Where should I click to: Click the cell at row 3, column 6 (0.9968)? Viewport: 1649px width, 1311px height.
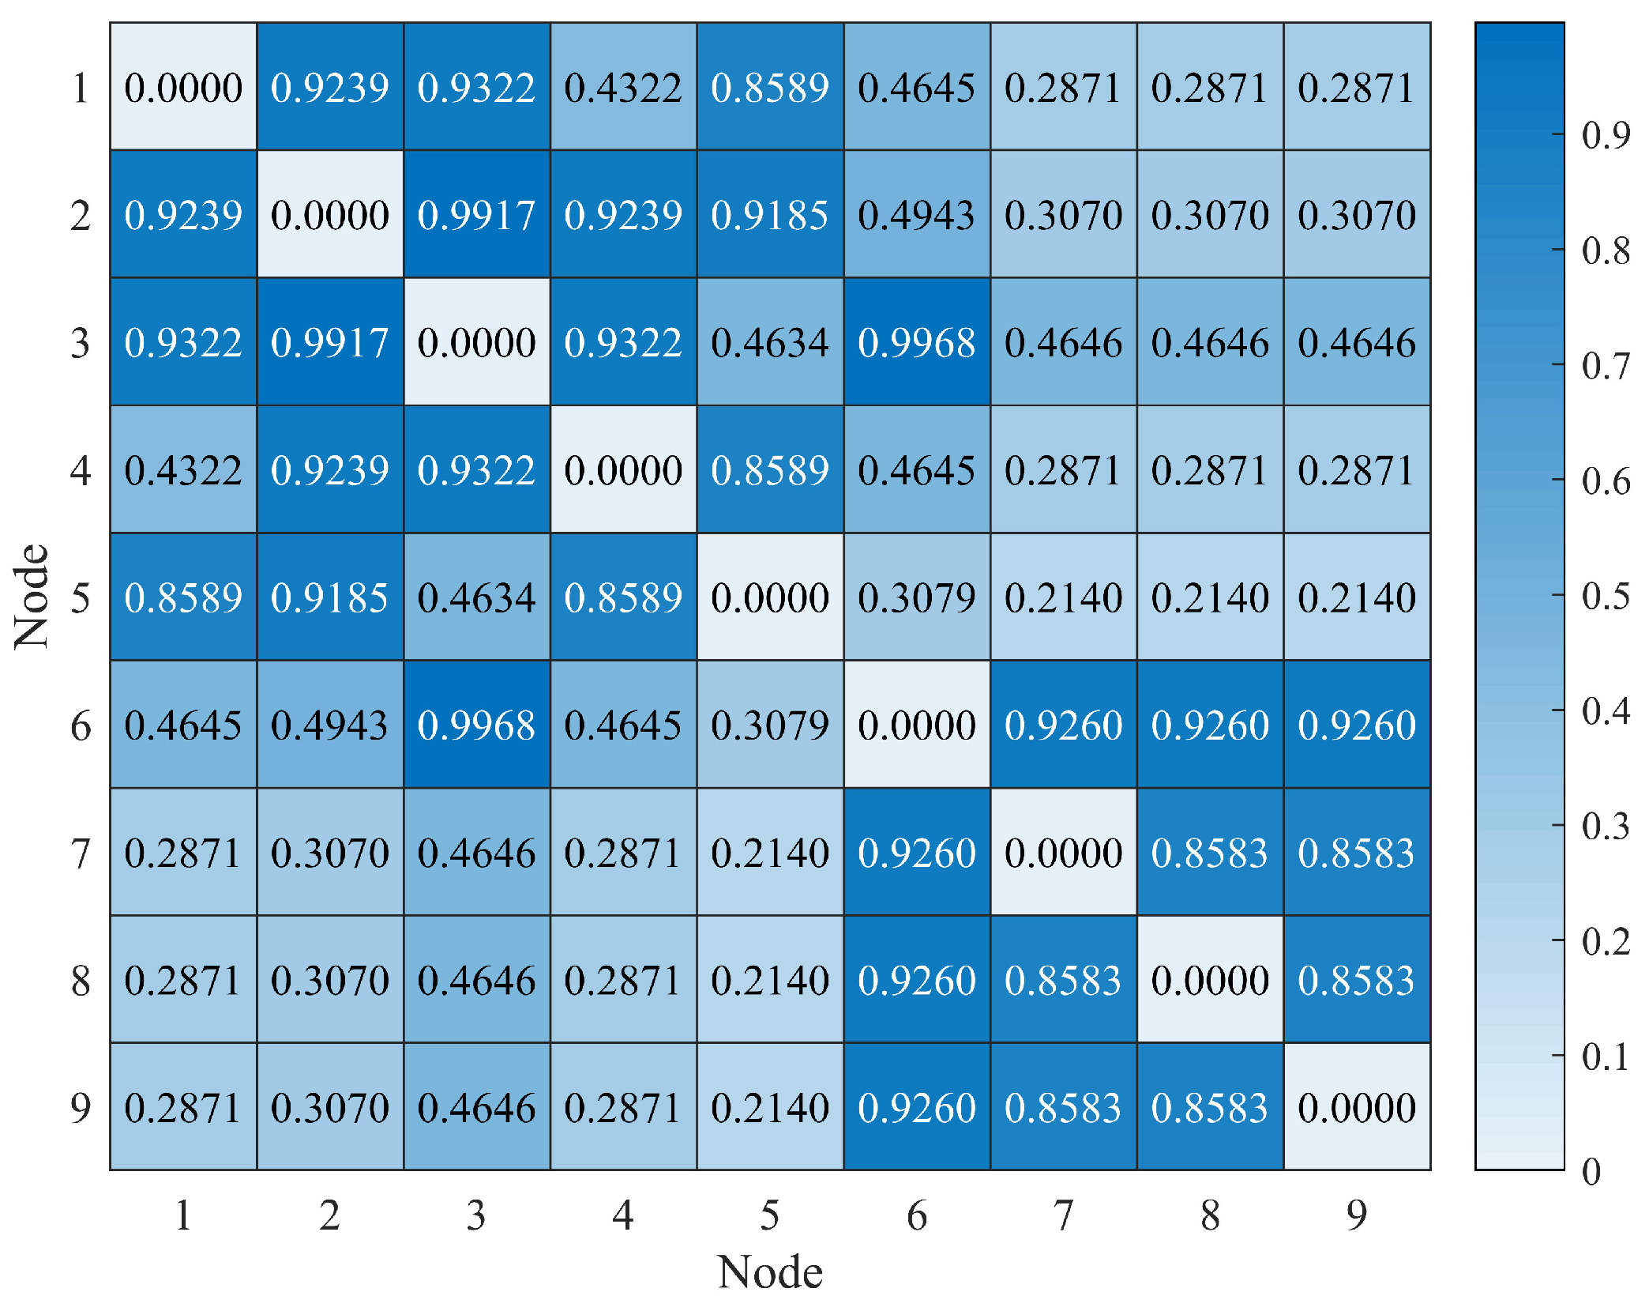click(916, 342)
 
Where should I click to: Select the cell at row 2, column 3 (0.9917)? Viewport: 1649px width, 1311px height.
click(476, 214)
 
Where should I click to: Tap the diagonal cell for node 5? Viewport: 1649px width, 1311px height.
click(770, 597)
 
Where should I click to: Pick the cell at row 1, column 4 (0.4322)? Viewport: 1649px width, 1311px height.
click(623, 87)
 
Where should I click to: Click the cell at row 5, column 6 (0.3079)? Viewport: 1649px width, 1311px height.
click(916, 597)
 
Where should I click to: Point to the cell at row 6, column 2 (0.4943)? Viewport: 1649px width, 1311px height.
click(330, 725)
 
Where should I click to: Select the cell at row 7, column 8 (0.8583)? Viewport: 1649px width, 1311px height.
click(1210, 853)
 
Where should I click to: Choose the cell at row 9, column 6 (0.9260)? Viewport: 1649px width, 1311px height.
click(916, 1107)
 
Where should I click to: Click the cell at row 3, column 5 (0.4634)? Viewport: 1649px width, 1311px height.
click(770, 342)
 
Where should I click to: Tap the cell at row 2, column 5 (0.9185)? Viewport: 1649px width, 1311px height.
click(770, 214)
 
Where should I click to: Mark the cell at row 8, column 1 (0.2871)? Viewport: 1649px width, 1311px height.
click(183, 980)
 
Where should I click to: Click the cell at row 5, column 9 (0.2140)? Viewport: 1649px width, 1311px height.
click(1357, 597)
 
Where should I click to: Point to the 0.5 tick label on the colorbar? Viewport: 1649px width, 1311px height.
click(1606, 596)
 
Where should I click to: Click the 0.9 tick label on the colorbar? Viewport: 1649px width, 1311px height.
click(1606, 135)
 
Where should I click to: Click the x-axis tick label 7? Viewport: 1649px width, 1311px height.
click(1063, 1215)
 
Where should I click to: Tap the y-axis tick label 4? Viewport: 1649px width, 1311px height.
click(81, 470)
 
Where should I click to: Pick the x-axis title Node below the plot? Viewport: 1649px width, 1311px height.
click(770, 1272)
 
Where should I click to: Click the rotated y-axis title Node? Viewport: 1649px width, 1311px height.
click(32, 597)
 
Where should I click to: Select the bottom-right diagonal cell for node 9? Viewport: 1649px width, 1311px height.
click(1357, 1107)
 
